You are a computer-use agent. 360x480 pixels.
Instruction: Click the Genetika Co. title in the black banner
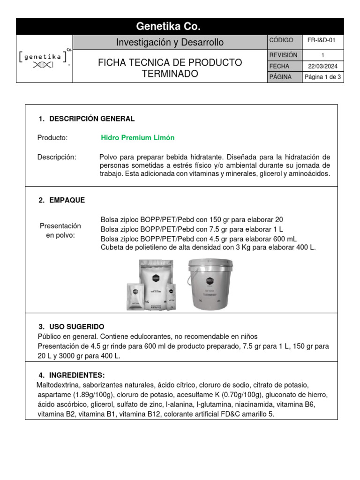point(168,26)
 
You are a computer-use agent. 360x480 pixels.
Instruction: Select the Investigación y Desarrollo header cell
point(170,43)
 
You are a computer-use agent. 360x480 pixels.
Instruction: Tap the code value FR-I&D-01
point(322,41)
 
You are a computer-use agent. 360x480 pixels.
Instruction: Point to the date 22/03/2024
point(322,67)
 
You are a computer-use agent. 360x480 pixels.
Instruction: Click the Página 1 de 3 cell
point(322,77)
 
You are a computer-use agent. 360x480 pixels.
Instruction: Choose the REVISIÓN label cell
point(283,55)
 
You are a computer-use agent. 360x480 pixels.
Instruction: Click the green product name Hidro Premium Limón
point(137,138)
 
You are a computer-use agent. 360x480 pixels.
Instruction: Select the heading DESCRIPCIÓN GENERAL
point(91,119)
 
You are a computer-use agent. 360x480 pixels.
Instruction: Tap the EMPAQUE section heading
point(67,200)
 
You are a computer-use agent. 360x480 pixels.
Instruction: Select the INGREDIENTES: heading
point(76,375)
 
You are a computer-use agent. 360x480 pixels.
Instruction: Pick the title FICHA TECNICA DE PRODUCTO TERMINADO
point(170,68)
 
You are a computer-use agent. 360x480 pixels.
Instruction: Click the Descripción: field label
point(56,157)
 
